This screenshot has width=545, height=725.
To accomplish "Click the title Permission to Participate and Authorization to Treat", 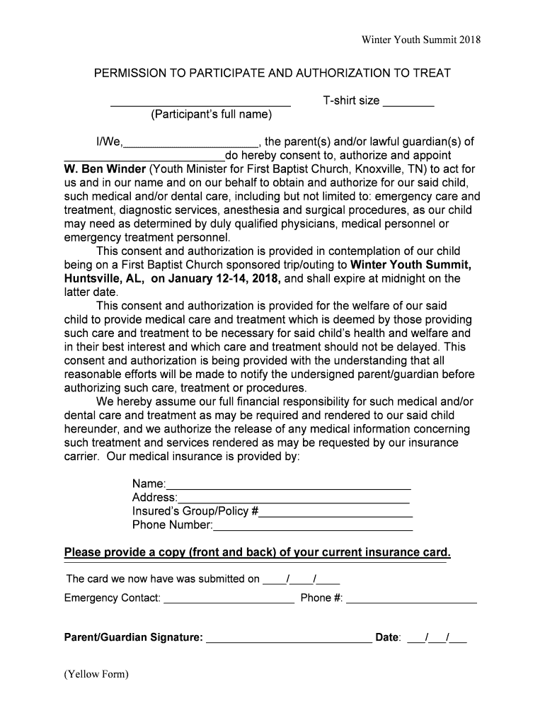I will click(272, 73).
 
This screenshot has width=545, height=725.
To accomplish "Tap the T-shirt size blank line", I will click(408, 104).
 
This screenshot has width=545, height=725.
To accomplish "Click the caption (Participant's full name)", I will click(211, 115).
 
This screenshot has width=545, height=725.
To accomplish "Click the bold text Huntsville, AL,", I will click(105, 278).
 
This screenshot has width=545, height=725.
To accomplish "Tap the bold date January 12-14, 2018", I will click(216, 278).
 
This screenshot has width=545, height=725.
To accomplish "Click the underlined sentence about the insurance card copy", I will click(257, 552).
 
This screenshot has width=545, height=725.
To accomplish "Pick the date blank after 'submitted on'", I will click(302, 581).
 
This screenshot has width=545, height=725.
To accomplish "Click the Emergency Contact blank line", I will click(229, 601).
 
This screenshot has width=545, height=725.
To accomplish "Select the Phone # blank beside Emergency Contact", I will click(411, 601).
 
